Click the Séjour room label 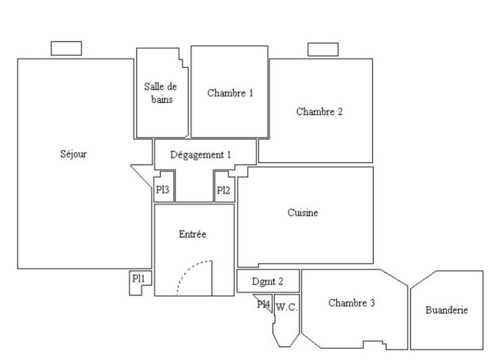click(x=74, y=155)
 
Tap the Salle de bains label click(x=160, y=92)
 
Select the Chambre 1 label click(x=230, y=94)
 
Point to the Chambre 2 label click(x=319, y=112)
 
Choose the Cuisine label click(x=303, y=213)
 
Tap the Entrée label click(x=192, y=234)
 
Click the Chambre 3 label click(x=351, y=304)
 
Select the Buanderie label click(x=447, y=310)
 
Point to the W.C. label click(x=286, y=306)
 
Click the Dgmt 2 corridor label click(x=268, y=282)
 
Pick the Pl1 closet click(x=139, y=280)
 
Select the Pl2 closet click(x=223, y=191)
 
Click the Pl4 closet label click(x=263, y=304)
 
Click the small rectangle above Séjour click(x=66, y=48)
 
